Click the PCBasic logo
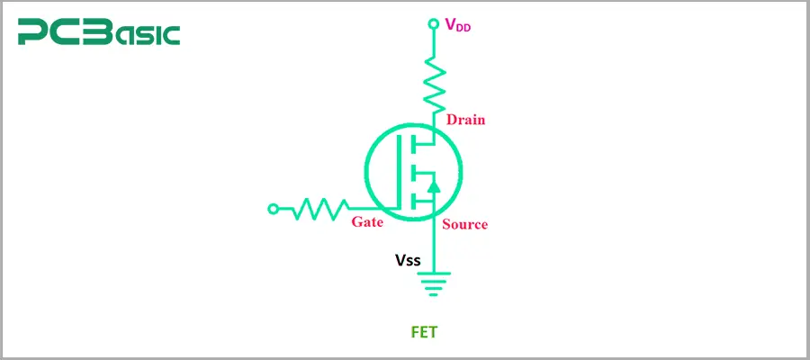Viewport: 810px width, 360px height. click(99, 33)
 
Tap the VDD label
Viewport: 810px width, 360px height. click(458, 25)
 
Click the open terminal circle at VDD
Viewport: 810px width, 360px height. click(433, 21)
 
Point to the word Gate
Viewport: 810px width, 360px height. click(367, 221)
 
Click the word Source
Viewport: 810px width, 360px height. click(464, 224)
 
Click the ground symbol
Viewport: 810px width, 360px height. click(433, 285)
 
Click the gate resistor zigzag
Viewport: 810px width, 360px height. click(317, 209)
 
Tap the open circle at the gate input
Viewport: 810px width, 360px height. click(274, 209)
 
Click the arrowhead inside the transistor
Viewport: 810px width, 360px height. click(433, 186)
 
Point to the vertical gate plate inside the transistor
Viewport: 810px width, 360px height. click(399, 171)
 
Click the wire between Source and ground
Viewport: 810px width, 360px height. click(433, 247)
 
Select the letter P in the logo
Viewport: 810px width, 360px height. click(32, 33)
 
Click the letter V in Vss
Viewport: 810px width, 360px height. click(400, 260)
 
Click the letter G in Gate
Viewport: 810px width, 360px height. click(357, 221)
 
